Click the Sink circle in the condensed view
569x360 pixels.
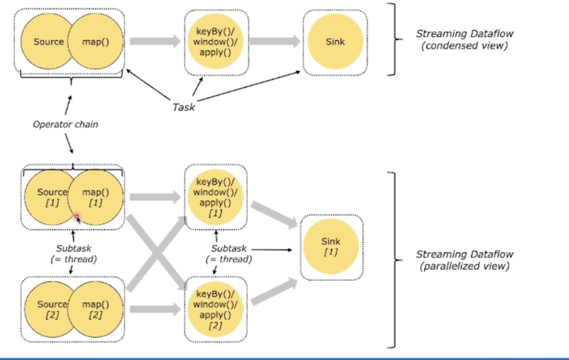335,42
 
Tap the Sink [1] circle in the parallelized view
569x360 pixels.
330,246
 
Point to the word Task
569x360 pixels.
183,106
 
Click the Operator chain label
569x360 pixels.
66,124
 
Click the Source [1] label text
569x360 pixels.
52,197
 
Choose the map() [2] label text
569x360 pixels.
95,309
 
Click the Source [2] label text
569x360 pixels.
52,309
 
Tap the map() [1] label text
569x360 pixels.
95,197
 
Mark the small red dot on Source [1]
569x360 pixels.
77,216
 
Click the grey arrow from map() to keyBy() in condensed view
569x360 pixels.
153,42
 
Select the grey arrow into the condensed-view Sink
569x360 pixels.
274,42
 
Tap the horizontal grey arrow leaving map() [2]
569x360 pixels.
153,308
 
